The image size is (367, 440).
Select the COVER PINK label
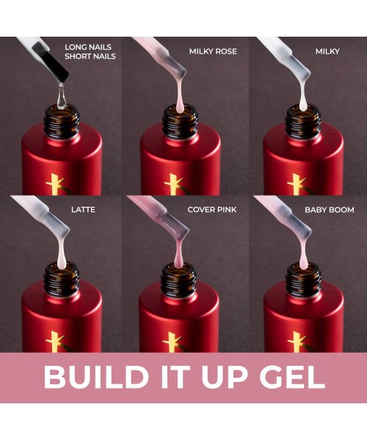pos(212,209)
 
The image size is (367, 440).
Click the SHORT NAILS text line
pos(89,56)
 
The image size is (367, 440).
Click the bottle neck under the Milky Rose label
pos(179,120)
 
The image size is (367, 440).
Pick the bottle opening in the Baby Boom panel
pos(302,273)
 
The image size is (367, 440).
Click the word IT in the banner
pos(168,376)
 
